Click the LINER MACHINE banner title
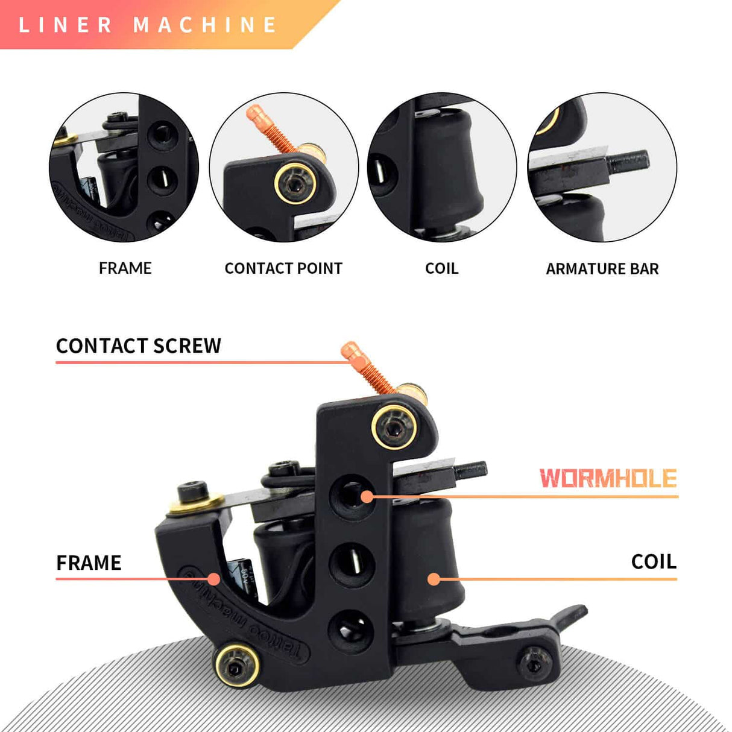click(x=148, y=25)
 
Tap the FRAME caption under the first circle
click(x=125, y=268)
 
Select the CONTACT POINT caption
click(x=283, y=268)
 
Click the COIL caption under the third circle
click(x=441, y=268)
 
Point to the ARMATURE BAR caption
click(x=602, y=269)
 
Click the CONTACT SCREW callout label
click(x=139, y=346)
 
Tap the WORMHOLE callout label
click(x=608, y=479)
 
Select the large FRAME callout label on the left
click(x=89, y=563)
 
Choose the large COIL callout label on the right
click(x=654, y=562)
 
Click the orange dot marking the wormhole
click(x=367, y=497)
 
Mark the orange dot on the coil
click(x=434, y=579)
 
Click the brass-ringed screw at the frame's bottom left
click(x=237, y=665)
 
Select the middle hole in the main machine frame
click(x=352, y=563)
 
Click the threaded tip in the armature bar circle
click(x=628, y=162)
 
